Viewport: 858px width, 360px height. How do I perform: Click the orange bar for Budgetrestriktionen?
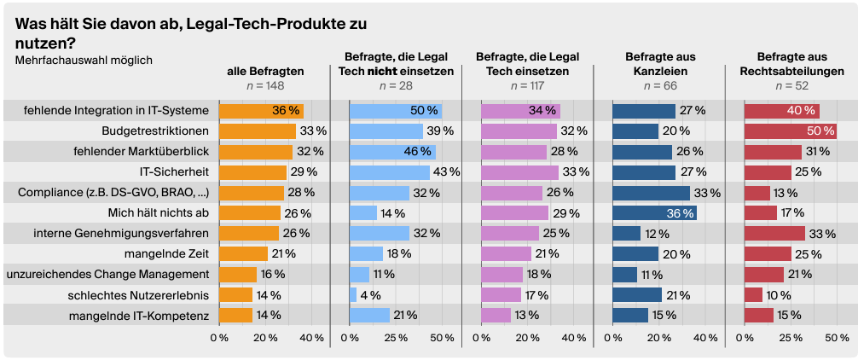[257, 131]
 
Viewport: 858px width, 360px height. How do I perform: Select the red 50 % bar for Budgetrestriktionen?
[790, 131]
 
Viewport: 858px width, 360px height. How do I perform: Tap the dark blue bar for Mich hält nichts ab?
[654, 212]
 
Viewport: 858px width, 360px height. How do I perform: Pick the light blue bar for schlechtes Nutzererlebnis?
[353, 294]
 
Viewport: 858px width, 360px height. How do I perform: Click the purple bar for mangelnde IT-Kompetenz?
[496, 315]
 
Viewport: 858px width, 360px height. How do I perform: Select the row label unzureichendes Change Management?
[107, 274]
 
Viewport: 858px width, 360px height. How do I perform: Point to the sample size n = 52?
[789, 86]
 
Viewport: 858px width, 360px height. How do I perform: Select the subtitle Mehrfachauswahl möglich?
[84, 60]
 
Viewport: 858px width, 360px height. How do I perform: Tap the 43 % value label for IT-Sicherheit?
[447, 171]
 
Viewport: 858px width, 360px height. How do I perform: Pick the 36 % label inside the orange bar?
[286, 110]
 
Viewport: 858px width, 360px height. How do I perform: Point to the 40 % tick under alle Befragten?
[314, 338]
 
